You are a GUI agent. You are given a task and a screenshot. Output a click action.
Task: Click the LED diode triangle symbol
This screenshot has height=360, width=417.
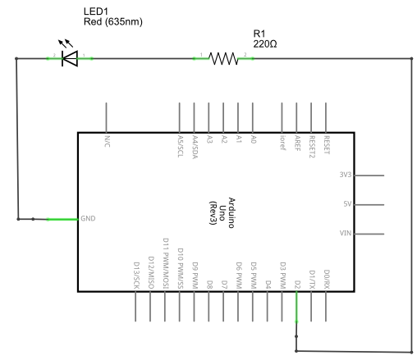(x=70, y=58)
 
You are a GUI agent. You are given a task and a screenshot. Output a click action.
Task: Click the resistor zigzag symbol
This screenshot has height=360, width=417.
(x=223, y=58)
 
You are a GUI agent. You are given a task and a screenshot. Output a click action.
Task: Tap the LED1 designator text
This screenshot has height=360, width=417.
(x=96, y=11)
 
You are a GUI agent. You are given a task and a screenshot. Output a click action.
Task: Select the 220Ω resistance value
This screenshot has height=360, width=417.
(x=265, y=44)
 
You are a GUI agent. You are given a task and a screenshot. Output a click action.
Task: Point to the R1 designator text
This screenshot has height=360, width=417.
(x=259, y=34)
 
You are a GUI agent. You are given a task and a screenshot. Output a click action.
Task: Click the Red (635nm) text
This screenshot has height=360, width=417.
(x=113, y=21)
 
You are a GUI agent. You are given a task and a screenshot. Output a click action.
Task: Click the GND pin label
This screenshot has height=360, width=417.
(x=88, y=218)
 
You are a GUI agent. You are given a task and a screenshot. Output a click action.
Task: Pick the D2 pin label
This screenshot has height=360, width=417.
(x=297, y=285)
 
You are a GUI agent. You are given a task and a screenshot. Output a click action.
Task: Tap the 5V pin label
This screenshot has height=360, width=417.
(x=347, y=204)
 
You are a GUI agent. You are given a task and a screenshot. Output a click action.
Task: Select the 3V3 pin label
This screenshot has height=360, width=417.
(x=346, y=175)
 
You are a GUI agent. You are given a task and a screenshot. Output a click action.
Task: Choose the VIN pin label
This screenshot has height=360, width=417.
(x=346, y=233)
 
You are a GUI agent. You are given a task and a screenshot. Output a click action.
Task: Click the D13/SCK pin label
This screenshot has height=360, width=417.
(x=136, y=276)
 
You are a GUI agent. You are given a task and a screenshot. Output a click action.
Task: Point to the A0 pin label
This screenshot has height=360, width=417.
(x=254, y=139)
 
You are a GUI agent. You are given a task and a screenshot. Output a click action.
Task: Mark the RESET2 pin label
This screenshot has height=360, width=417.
(x=312, y=147)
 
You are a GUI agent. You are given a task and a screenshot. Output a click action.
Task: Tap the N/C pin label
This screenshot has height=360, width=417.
(x=108, y=141)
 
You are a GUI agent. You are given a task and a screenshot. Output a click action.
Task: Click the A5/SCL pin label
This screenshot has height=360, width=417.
(x=181, y=146)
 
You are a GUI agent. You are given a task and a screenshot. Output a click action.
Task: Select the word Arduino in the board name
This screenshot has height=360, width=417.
(x=231, y=212)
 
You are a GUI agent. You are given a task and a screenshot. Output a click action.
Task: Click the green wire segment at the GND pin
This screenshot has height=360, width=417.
(x=62, y=219)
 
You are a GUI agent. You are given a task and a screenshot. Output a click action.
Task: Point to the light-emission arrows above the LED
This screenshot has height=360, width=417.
(x=66, y=43)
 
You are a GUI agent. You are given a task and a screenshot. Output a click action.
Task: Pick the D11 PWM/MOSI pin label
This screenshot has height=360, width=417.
(x=166, y=263)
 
